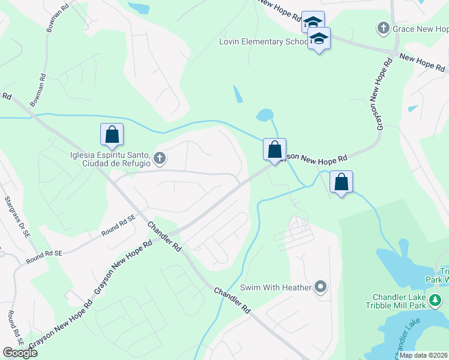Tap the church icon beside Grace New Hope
(x=382, y=28)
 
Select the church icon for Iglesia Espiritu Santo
(x=159, y=158)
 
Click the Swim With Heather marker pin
(x=321, y=287)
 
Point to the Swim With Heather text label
(x=276, y=288)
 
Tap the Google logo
(x=20, y=353)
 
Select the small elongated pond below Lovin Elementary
(x=238, y=94)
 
